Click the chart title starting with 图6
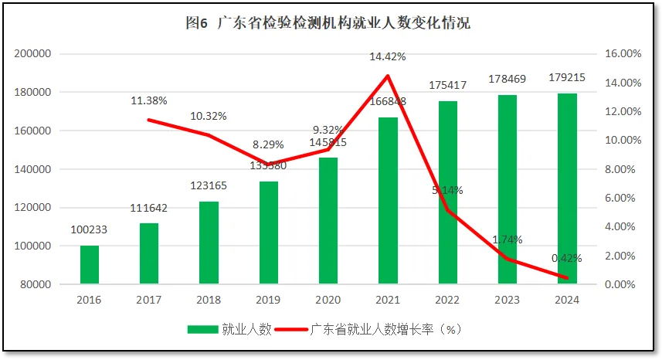(x=328, y=23)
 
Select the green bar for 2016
(x=90, y=264)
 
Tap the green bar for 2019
(x=268, y=232)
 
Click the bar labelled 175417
(x=448, y=193)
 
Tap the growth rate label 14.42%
(x=387, y=56)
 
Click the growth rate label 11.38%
(x=149, y=100)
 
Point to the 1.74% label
(x=508, y=239)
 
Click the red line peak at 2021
(x=387, y=76)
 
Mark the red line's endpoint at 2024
(x=567, y=278)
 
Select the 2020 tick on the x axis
(x=328, y=300)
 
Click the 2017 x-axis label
(x=149, y=300)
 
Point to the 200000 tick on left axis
(x=32, y=54)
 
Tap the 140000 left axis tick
(x=32, y=169)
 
